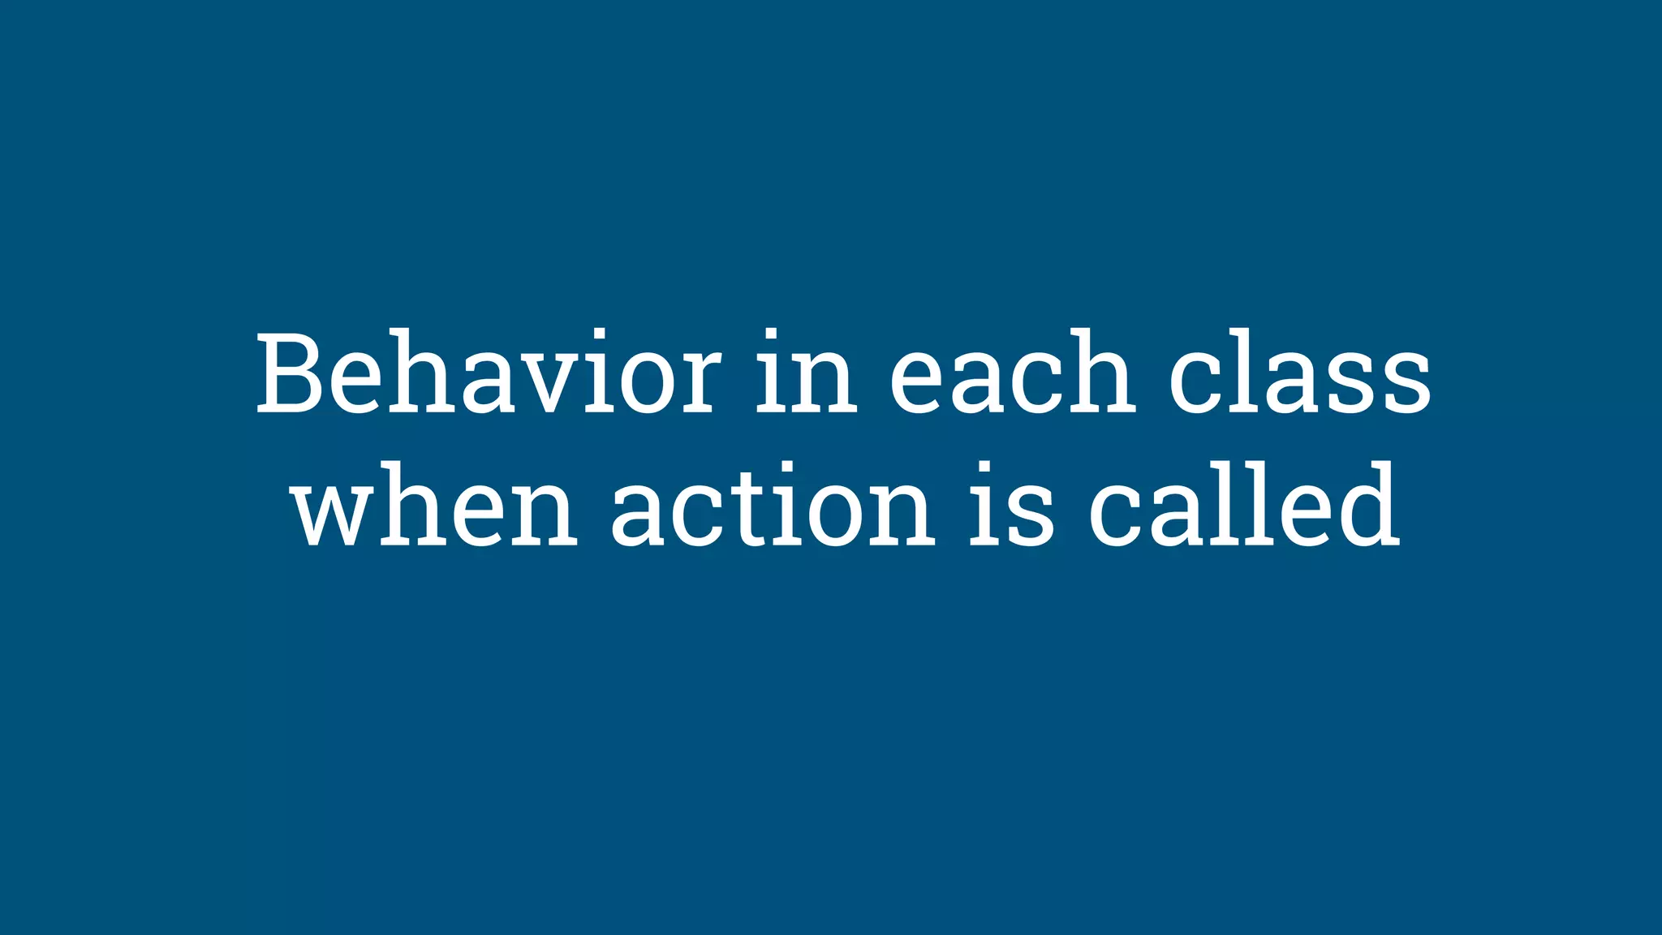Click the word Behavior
488,373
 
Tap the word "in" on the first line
807,373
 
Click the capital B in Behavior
291,373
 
